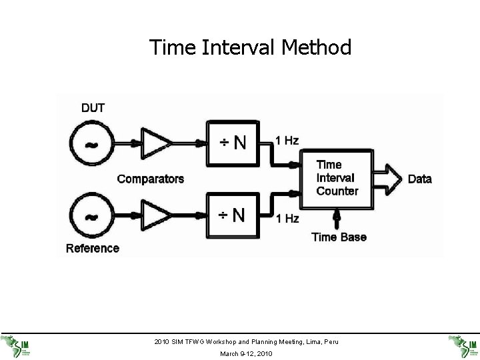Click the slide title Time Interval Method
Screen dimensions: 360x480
[x=250, y=47]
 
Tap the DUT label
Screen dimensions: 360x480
[x=93, y=107]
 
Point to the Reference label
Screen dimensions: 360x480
[x=93, y=249]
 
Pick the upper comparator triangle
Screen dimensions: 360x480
[x=157, y=142]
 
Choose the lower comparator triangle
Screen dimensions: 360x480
[x=157, y=215]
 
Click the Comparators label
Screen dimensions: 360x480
[x=151, y=179]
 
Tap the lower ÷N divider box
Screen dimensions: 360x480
[x=233, y=215]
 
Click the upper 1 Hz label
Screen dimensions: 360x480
[x=287, y=140]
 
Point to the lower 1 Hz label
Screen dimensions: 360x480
[x=287, y=218]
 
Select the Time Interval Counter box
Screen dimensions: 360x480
[x=337, y=178]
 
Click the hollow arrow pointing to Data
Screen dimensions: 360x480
[x=387, y=178]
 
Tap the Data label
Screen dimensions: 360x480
[x=419, y=179]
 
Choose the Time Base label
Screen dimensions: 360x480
[x=339, y=237]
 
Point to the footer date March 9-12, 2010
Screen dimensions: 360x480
[x=246, y=353]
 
